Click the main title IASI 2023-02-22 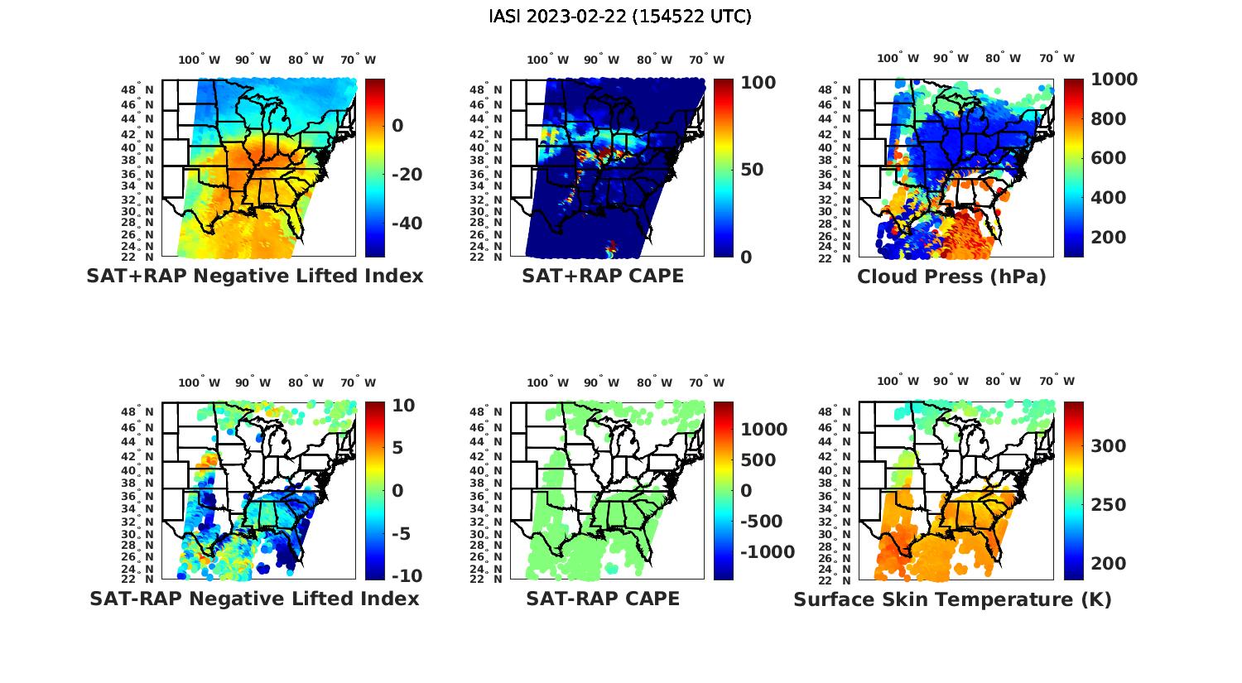620,17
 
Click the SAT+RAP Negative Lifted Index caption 255,276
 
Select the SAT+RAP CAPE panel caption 603,276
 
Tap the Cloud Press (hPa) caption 951,277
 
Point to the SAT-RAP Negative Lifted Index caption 255,599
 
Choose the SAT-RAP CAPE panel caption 603,599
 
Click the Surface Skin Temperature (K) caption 952,599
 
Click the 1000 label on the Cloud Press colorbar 1114,79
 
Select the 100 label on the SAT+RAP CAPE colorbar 758,82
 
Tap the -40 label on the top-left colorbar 406,224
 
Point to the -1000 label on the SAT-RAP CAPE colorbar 766,552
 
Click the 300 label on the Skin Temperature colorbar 1109,446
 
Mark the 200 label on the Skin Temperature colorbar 1109,564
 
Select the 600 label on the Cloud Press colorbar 1109,158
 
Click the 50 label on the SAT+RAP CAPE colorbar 751,170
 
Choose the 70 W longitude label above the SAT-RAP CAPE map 707,382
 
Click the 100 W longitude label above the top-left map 200,60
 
